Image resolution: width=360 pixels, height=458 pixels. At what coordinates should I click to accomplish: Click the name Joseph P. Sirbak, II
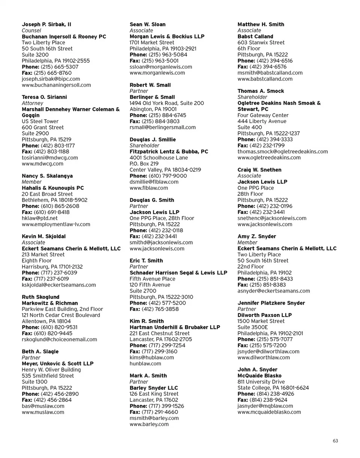46,24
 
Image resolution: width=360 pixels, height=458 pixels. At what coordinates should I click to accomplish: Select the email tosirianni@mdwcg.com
50,158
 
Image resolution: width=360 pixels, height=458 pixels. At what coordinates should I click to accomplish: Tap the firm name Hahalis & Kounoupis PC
53,188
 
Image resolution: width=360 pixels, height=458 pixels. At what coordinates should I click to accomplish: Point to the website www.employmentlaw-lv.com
56,224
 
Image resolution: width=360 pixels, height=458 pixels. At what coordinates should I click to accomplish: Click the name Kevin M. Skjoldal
44,236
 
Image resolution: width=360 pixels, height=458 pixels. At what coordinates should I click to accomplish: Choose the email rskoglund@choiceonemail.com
59,339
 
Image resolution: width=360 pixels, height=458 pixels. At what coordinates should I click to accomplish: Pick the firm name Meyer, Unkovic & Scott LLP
58,363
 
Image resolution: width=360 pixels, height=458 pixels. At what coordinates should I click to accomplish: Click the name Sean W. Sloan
147,24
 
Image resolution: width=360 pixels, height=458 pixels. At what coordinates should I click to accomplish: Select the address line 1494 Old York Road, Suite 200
166,103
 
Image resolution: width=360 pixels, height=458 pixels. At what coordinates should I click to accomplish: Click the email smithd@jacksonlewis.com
161,242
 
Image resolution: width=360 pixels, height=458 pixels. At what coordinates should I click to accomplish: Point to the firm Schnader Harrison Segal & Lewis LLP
178,273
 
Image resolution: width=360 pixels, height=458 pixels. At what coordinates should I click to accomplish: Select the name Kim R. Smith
147,321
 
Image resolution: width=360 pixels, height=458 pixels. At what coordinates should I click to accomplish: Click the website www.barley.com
149,424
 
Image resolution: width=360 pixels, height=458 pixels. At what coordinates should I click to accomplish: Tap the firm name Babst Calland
255,36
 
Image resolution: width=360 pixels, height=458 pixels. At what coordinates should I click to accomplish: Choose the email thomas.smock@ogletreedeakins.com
283,152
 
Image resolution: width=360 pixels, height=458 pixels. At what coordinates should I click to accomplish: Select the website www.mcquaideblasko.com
269,412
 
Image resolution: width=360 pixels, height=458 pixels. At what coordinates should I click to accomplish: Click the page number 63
335,441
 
